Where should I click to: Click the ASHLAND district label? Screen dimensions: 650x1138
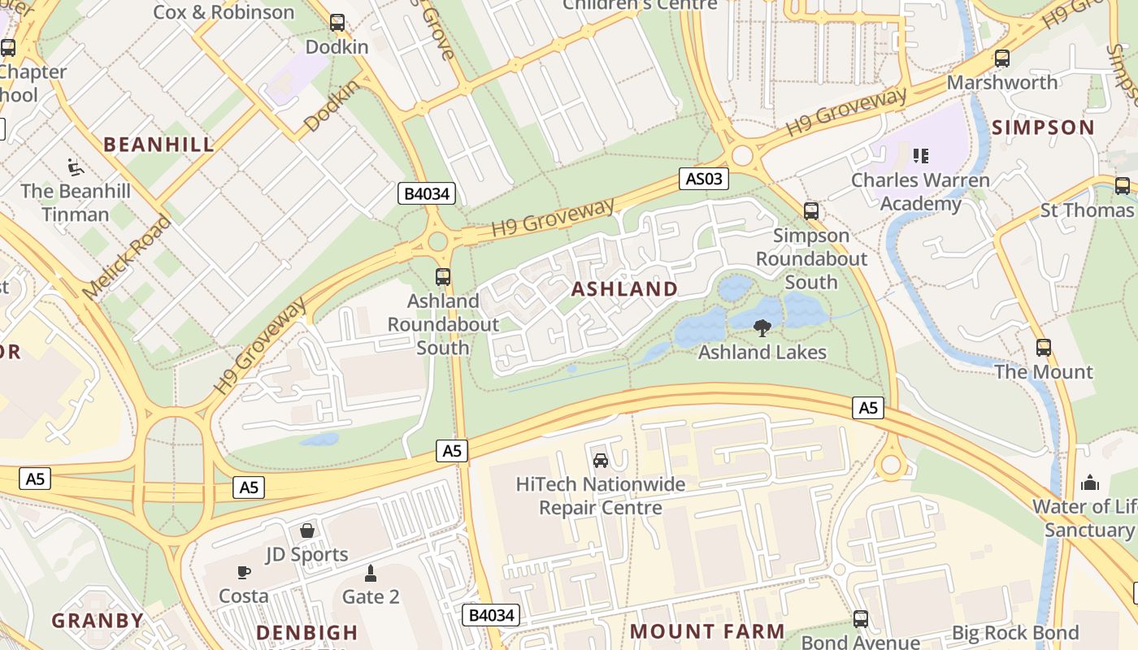pos(624,289)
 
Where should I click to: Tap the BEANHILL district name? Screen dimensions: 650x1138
pos(159,145)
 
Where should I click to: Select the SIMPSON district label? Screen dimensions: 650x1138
pos(1043,128)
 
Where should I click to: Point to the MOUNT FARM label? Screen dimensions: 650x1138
pos(707,631)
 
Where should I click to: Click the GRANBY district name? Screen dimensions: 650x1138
pos(98,621)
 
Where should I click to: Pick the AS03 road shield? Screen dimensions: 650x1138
pos(703,179)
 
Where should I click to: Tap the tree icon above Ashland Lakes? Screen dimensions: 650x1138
pos(762,327)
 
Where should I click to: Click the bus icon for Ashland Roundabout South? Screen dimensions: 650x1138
pos(443,277)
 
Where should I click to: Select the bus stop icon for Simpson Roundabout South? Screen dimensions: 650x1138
pos(810,211)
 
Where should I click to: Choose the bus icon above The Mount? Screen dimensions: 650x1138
pos(1044,348)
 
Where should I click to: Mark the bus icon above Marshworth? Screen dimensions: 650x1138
pos(1002,58)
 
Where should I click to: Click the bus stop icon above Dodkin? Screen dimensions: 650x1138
pos(337,23)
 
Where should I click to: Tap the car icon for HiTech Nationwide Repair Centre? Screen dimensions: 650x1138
pos(601,461)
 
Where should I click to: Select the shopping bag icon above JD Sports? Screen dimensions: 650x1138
pos(307,531)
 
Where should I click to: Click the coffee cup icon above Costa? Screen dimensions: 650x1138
pos(243,572)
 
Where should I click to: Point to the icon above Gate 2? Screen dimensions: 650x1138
pos(371,574)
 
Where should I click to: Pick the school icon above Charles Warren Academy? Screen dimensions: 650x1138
pos(921,155)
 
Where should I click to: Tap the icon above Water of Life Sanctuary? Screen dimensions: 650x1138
pos(1090,483)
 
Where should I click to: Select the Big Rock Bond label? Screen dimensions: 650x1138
pos(1014,633)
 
